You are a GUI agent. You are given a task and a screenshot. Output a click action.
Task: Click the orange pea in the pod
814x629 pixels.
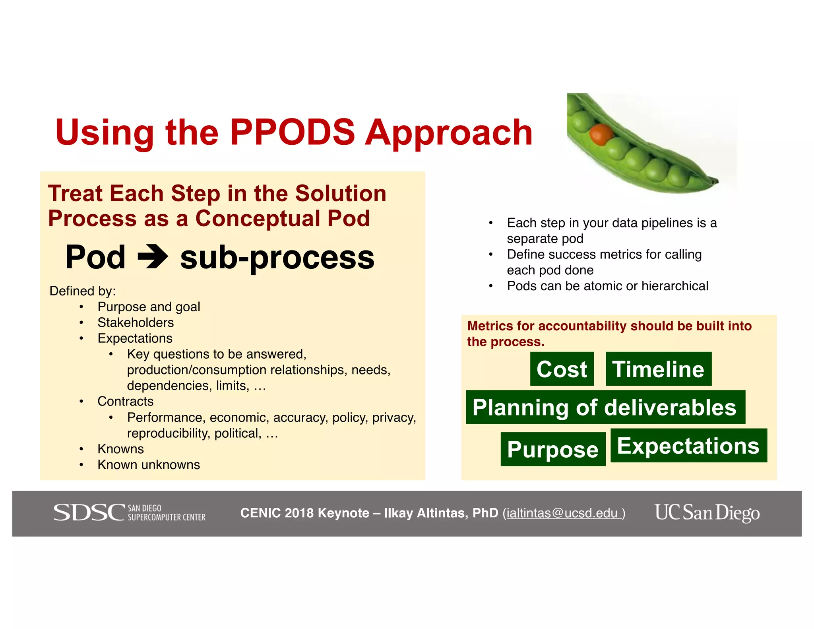[x=601, y=134]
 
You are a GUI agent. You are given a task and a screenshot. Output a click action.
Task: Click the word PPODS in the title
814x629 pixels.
[x=293, y=132]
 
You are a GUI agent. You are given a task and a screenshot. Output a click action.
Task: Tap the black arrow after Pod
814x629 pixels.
[x=153, y=257]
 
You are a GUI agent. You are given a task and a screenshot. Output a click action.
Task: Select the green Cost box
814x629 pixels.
[x=562, y=369]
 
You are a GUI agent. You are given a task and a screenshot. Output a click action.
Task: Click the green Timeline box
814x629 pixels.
[x=658, y=369]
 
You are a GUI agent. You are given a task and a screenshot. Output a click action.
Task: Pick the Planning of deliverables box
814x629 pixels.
[x=605, y=407]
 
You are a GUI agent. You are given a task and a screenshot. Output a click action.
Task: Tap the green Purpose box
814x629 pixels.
[x=552, y=449]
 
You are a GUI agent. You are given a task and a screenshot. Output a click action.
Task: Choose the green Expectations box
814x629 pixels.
[x=688, y=445]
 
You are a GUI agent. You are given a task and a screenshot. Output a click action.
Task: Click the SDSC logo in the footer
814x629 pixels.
[x=130, y=513]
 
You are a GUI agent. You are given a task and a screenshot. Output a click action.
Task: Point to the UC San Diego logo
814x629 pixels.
[x=707, y=513]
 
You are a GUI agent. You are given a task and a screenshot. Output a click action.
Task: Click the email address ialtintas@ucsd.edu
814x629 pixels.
[x=562, y=513]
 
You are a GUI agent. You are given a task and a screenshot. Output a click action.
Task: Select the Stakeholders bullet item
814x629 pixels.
[x=136, y=322]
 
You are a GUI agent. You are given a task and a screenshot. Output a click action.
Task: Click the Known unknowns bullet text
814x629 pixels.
[x=149, y=465]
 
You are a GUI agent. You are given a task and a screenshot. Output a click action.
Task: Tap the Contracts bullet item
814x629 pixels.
[x=125, y=402]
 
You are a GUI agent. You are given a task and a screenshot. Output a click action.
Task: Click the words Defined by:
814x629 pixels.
[x=83, y=291]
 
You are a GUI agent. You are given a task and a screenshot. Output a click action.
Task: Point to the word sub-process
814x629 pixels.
[x=277, y=257]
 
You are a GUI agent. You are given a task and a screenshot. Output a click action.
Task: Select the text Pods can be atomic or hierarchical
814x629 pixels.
[x=607, y=286]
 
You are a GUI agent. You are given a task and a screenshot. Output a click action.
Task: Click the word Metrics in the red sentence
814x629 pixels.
[x=490, y=326]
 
